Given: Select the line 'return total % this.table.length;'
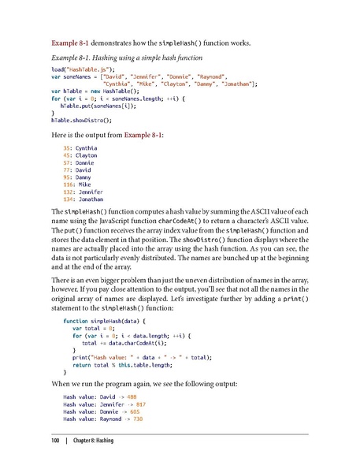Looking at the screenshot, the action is point(128,364).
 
